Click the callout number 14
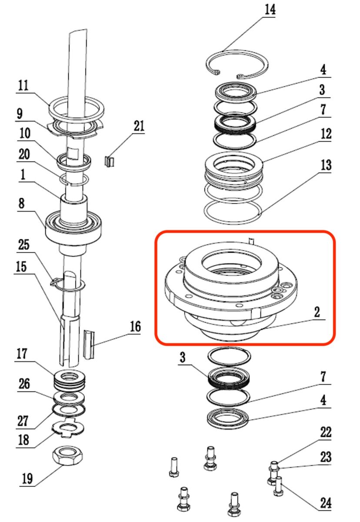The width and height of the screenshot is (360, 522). (x=270, y=10)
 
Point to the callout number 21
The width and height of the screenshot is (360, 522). (x=139, y=126)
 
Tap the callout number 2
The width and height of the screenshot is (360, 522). (x=317, y=311)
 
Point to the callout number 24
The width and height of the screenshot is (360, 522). (x=326, y=503)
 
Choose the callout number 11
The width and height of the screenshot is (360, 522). (x=23, y=85)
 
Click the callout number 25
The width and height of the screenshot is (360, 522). (x=23, y=245)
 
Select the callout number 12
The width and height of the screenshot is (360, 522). (x=326, y=134)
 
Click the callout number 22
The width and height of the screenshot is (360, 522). (x=326, y=432)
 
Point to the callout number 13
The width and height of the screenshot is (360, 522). (x=326, y=165)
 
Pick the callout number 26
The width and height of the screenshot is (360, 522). (x=23, y=384)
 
